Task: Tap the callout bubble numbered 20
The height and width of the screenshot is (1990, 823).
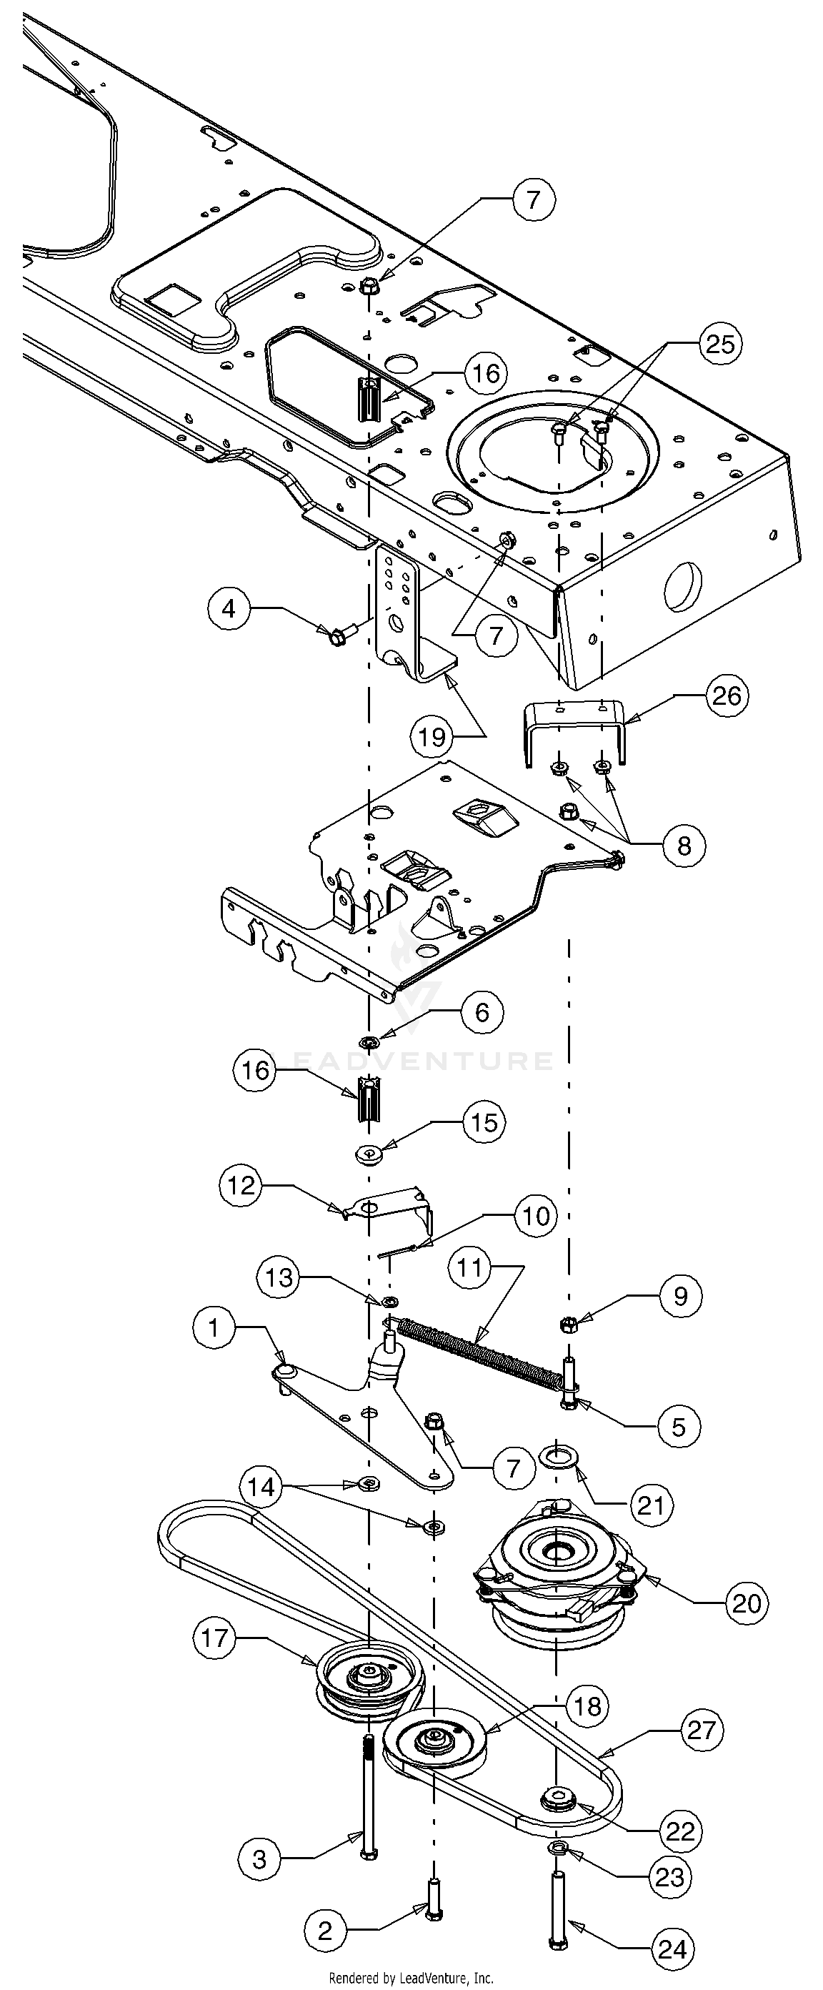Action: click(x=747, y=1603)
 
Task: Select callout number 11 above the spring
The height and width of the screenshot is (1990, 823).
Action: click(x=470, y=1267)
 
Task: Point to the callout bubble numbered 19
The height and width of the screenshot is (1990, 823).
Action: click(x=433, y=736)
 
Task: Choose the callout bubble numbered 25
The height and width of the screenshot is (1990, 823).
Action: click(x=720, y=344)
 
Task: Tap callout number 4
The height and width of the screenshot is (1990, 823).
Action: click(x=229, y=610)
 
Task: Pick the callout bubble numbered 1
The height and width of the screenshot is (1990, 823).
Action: click(x=214, y=1327)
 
